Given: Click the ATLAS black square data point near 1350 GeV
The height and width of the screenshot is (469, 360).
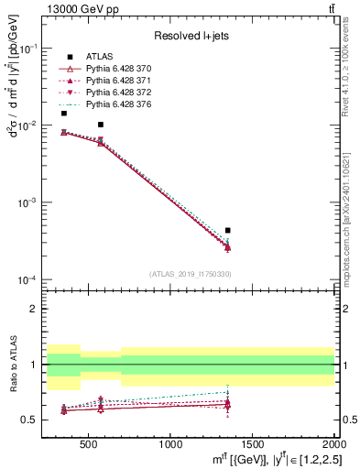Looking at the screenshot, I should click(228, 230).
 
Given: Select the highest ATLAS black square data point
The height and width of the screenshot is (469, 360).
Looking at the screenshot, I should click(63, 113).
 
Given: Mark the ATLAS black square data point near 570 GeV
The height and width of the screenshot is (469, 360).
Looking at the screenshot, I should click(101, 125).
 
